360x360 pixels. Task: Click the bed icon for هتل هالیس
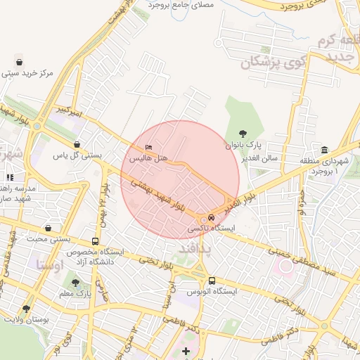click(147, 147)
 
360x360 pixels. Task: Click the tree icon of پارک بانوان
click(243, 133)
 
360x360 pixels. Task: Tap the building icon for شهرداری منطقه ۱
click(324, 150)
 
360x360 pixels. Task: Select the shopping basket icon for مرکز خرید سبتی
click(18, 58)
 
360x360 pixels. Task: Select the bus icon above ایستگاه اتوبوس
click(212, 279)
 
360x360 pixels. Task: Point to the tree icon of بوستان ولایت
click(27, 308)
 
